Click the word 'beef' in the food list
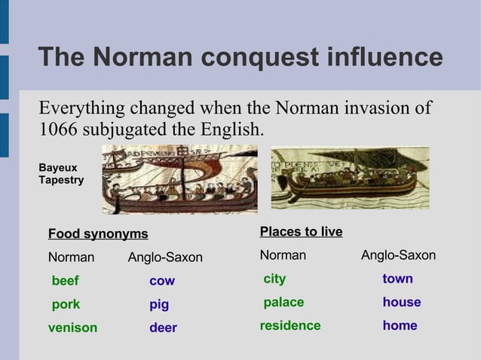pyautogui.click(x=65, y=281)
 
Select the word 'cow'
pyautogui.click(x=161, y=281)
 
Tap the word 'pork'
pyautogui.click(x=66, y=305)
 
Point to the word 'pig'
pyautogui.click(x=159, y=305)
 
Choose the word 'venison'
pyautogui.click(x=72, y=328)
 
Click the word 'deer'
pyautogui.click(x=163, y=328)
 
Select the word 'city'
pyautogui.click(x=274, y=279)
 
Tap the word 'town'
pyautogui.click(x=397, y=279)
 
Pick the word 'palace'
pyautogui.click(x=283, y=303)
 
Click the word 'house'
pyautogui.click(x=401, y=303)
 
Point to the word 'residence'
pyautogui.click(x=290, y=326)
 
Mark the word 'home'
pyautogui.click(x=400, y=326)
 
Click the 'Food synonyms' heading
pyautogui.click(x=98, y=234)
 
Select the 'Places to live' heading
pyautogui.click(x=301, y=232)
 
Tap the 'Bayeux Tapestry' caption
pyautogui.click(x=61, y=174)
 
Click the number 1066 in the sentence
pyautogui.click(x=57, y=130)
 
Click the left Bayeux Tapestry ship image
pyautogui.click(x=179, y=178)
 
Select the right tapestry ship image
pyautogui.click(x=350, y=178)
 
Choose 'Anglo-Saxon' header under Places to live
pyautogui.click(x=398, y=256)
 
